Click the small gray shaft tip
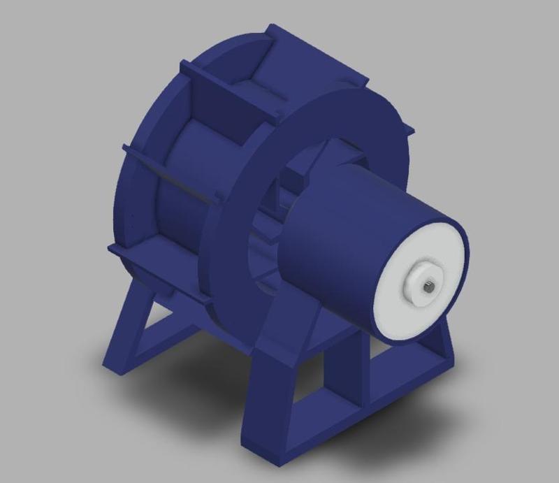tap(428, 284)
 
